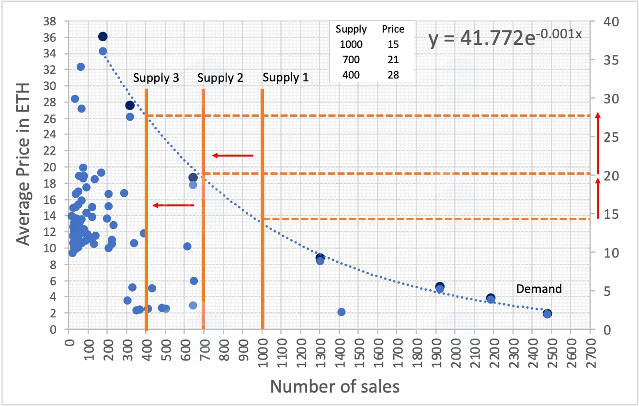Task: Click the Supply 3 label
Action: coord(156,78)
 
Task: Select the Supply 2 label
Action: coord(220,78)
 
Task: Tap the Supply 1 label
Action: coord(285,77)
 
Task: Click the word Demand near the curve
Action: coord(539,289)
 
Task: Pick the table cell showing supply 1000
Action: coord(351,45)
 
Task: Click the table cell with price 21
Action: coord(393,60)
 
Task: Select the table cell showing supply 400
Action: coord(351,75)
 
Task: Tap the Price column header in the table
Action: coord(393,29)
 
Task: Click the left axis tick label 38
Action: coord(50,21)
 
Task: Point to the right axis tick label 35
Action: coord(611,60)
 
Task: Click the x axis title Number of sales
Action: coord(335,387)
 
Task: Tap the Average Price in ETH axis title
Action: coord(23,164)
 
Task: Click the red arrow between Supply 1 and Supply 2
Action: coord(232,156)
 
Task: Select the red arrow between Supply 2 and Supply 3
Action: coord(173,205)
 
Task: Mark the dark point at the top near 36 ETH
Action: coord(103,36)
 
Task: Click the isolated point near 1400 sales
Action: coord(342,312)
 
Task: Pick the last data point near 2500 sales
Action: coord(547,314)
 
